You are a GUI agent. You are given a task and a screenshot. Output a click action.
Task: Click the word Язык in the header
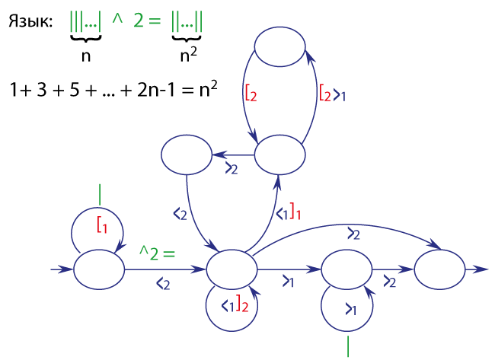(x=30, y=22)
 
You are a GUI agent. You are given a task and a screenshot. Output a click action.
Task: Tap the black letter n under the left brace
(x=86, y=56)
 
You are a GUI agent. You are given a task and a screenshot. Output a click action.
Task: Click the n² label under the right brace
(x=188, y=55)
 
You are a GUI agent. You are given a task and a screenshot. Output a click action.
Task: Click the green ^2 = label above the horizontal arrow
(x=157, y=253)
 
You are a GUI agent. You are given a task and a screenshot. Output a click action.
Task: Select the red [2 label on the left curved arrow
(x=251, y=93)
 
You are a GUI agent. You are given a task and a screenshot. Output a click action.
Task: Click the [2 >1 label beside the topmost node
(x=333, y=93)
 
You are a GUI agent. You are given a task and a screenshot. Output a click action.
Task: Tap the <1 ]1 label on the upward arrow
(x=288, y=212)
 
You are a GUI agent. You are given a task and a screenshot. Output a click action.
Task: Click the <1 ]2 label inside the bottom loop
(x=235, y=304)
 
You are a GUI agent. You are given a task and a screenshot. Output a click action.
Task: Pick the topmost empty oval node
(x=279, y=46)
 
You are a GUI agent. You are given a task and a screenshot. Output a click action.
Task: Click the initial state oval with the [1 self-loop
(x=99, y=269)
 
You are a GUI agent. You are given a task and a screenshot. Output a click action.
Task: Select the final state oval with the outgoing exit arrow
(x=439, y=269)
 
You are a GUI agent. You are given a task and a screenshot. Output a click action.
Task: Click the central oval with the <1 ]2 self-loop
(x=232, y=269)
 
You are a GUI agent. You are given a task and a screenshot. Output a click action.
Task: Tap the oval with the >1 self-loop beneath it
(x=346, y=269)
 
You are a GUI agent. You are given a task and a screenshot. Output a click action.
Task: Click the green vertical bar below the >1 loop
(x=348, y=346)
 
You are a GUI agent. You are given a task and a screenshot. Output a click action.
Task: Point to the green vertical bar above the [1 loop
(x=100, y=195)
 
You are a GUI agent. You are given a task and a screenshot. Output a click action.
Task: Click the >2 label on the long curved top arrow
(x=353, y=234)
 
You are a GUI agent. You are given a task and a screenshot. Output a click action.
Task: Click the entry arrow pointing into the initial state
(x=62, y=269)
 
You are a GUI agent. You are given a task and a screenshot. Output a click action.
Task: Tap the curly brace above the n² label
(x=187, y=39)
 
